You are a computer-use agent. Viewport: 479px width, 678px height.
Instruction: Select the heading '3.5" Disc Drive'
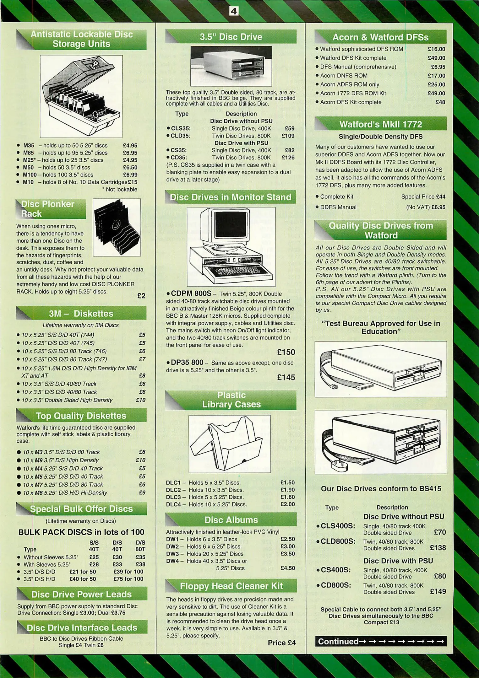click(231, 37)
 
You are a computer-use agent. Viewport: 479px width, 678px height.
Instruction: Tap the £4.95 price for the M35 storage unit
click(130, 146)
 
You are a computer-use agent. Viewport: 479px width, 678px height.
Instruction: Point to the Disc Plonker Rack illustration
click(117, 227)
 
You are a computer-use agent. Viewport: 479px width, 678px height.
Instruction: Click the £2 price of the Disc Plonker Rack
click(141, 296)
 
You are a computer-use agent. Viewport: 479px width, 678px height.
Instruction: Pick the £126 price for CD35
click(288, 158)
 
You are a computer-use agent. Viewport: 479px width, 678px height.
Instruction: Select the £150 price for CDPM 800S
click(286, 352)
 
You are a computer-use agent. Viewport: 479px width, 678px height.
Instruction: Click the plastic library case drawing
click(230, 444)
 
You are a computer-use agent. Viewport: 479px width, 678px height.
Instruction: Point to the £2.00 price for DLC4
click(287, 504)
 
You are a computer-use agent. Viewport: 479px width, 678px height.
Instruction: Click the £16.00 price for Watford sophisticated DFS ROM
click(436, 49)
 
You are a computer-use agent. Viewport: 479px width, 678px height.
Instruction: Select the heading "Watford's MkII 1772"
click(380, 124)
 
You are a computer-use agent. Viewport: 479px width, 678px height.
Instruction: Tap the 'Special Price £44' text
click(423, 197)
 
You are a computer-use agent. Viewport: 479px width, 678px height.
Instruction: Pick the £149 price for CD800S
click(438, 591)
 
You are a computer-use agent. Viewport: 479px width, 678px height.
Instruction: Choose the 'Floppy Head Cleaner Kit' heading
click(231, 586)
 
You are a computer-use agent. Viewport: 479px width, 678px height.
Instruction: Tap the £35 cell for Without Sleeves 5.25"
click(140, 557)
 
